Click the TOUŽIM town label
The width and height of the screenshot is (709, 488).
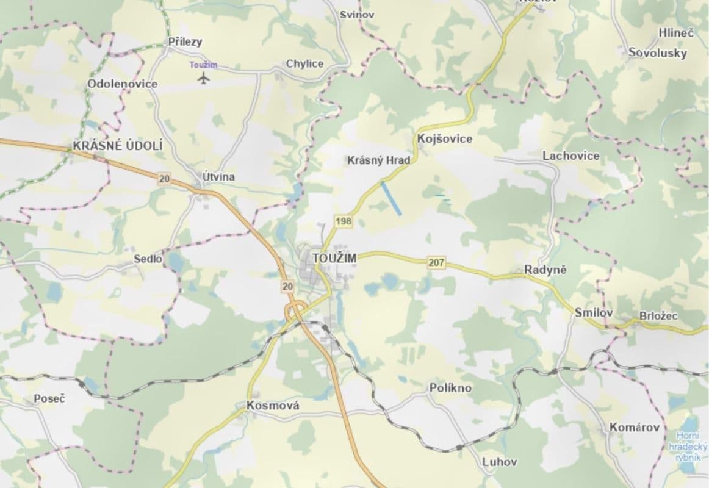(334, 258)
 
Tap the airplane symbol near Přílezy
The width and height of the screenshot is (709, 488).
(204, 78)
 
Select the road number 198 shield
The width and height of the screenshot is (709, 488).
(344, 221)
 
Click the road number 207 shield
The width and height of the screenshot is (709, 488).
(437, 263)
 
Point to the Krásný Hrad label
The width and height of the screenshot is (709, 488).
(378, 160)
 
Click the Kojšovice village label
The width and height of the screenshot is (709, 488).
(445, 139)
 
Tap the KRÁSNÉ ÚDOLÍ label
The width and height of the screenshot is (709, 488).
(118, 146)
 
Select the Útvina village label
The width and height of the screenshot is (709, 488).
(218, 177)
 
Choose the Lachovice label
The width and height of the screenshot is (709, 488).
(571, 156)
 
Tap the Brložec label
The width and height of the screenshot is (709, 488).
(658, 316)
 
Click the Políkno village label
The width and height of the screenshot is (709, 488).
(450, 388)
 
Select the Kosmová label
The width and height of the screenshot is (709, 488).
(273, 405)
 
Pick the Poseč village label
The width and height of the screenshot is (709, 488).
(49, 398)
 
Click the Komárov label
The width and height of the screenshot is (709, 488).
(635, 428)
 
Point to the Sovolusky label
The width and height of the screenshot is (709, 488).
(658, 52)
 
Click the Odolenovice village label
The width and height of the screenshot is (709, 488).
(123, 84)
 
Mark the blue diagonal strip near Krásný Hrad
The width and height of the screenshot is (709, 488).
(391, 198)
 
